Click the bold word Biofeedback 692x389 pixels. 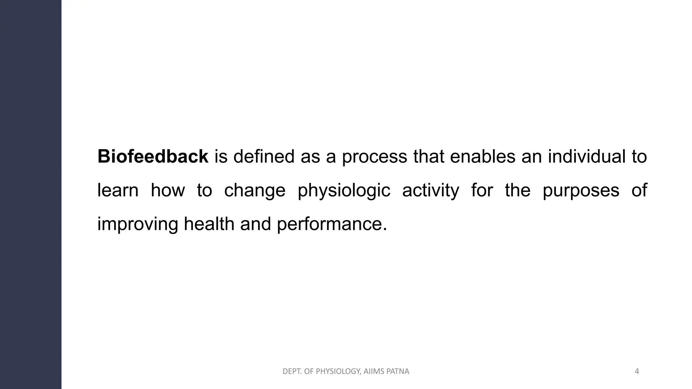pos(153,157)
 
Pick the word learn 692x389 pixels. pos(118,190)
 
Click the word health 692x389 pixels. pos(209,224)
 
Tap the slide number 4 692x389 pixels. pos(637,371)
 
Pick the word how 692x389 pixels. pos(168,190)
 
